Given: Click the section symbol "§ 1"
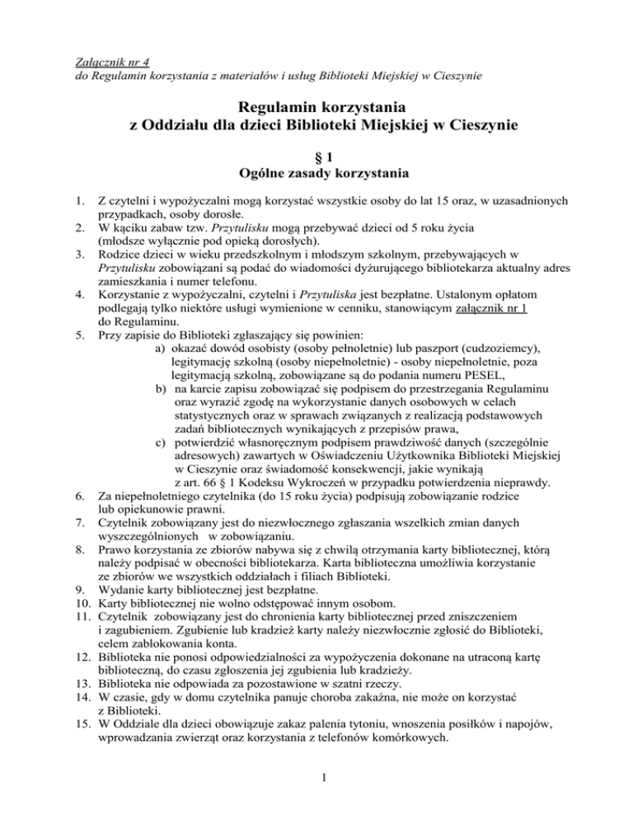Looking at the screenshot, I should (x=316, y=155).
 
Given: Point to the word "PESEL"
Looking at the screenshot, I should (x=452, y=381).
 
